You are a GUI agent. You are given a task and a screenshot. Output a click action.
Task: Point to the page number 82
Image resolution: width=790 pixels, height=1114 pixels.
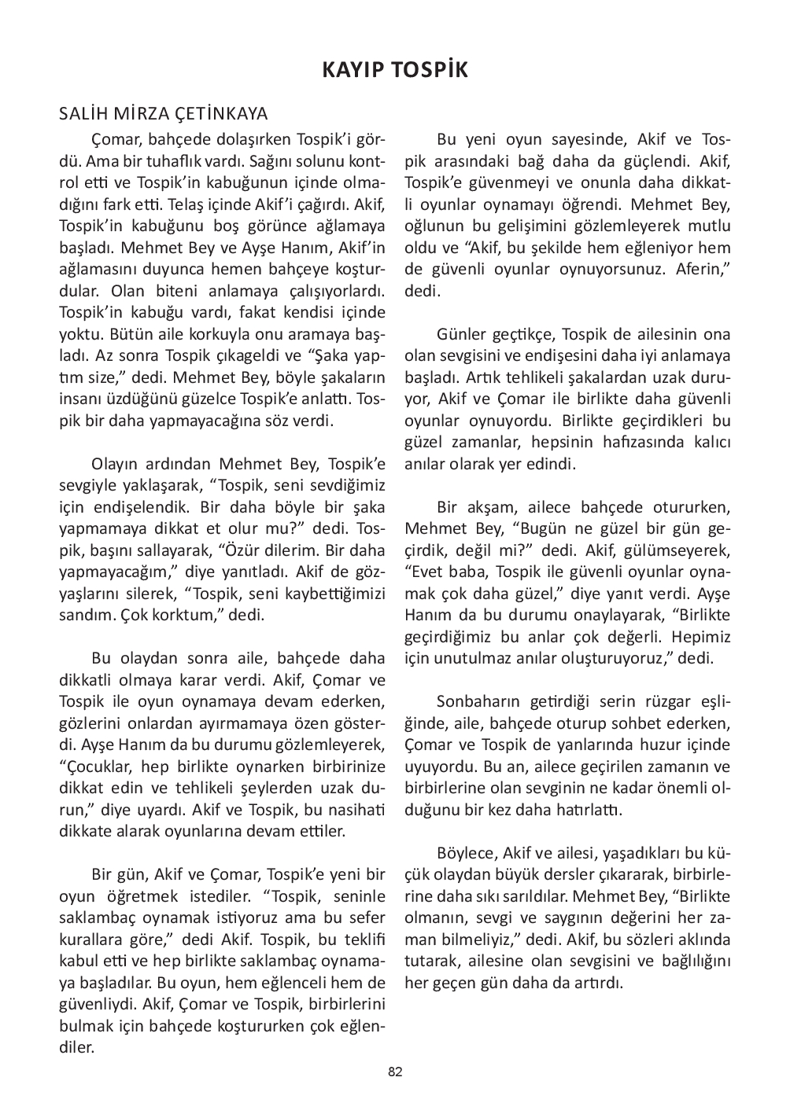(395, 1072)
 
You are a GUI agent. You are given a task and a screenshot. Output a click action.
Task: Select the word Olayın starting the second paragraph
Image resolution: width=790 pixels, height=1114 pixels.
(116, 462)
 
